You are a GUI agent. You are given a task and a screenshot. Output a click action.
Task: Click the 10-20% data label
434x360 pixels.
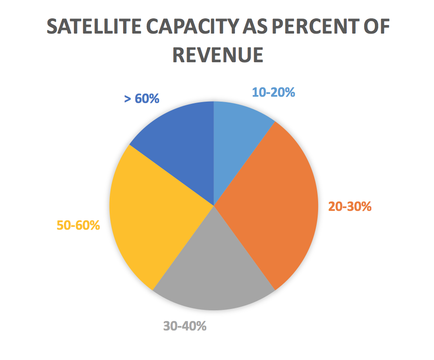273,92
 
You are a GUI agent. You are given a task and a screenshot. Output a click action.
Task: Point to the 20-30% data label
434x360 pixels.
350,206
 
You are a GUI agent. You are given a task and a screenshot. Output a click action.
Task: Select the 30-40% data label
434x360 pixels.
185,326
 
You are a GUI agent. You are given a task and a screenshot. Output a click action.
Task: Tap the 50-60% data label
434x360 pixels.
78,225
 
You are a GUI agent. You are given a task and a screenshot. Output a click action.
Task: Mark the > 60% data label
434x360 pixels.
141,98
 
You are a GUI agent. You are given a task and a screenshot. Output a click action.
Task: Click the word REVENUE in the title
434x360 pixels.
217,55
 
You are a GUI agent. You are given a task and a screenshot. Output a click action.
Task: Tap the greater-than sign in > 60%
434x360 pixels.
128,99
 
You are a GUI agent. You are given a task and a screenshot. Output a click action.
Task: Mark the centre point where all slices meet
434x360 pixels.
214,206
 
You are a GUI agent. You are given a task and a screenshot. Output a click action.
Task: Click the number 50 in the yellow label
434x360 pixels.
64,225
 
